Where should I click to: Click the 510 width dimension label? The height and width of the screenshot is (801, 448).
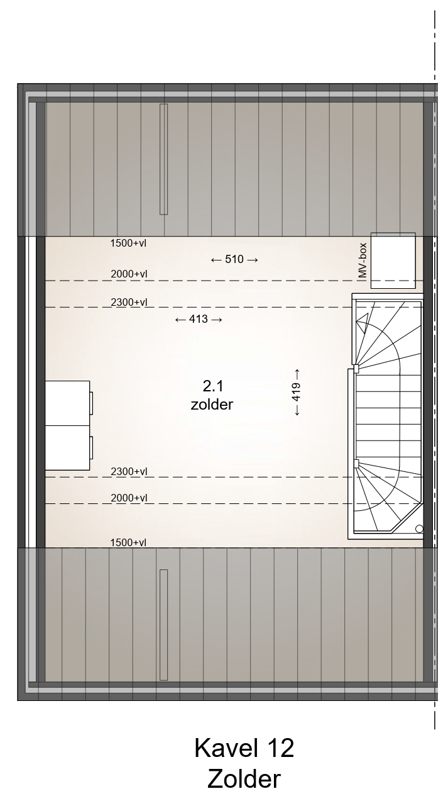pyautogui.click(x=234, y=259)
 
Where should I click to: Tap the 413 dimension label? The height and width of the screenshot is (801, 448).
pyautogui.click(x=199, y=319)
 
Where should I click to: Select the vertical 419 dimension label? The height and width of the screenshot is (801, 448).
pyautogui.click(x=297, y=392)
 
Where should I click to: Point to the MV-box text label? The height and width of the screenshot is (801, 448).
pyautogui.click(x=363, y=260)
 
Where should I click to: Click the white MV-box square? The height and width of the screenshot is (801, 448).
pyautogui.click(x=393, y=260)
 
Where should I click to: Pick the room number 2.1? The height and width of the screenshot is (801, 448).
pyautogui.click(x=213, y=386)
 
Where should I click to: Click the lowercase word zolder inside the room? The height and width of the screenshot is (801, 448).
pyautogui.click(x=212, y=405)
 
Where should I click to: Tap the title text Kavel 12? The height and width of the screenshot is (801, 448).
pyautogui.click(x=244, y=748)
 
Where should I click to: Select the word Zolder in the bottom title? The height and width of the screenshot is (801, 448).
pyautogui.click(x=244, y=780)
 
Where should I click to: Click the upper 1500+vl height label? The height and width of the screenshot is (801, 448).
pyautogui.click(x=129, y=243)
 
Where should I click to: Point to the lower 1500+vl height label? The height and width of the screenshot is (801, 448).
pyautogui.click(x=129, y=542)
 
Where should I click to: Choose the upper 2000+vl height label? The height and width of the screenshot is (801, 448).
pyautogui.click(x=129, y=274)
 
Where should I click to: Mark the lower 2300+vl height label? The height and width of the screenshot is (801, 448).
pyautogui.click(x=129, y=472)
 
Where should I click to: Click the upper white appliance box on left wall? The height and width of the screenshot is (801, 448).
pyautogui.click(x=67, y=403)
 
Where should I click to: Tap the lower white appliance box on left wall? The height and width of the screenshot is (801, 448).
pyautogui.click(x=67, y=448)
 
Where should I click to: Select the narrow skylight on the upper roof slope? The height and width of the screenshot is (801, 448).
pyautogui.click(x=163, y=159)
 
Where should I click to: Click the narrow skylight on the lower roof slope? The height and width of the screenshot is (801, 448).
pyautogui.click(x=163, y=625)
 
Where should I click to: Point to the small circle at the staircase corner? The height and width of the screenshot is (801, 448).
pyautogui.click(x=420, y=529)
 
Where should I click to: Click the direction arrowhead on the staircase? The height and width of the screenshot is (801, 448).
pyautogui.click(x=363, y=318)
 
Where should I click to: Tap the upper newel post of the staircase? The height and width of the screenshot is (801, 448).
pyautogui.click(x=356, y=368)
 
